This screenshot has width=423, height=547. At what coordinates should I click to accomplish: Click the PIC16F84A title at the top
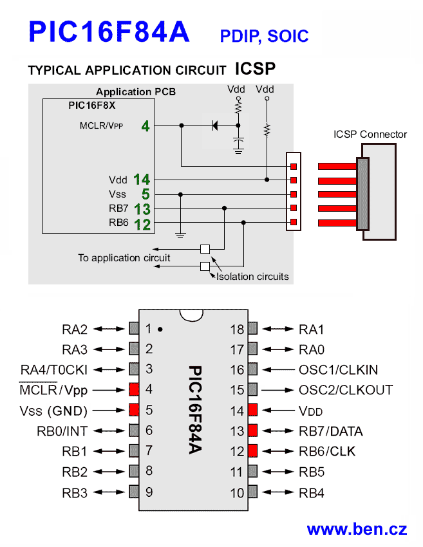point(109,32)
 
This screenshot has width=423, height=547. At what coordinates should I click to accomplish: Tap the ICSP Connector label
point(370,134)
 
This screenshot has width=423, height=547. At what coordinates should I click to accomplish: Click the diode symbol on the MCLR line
point(215,125)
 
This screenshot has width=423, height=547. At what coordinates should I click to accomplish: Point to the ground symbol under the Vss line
point(180,235)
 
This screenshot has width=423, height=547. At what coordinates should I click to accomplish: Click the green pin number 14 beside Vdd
point(142,180)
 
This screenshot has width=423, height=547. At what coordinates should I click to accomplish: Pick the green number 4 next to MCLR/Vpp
point(146,126)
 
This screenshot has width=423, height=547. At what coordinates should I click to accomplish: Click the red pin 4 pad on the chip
point(134,389)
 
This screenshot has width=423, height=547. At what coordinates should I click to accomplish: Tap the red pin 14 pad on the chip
point(252,410)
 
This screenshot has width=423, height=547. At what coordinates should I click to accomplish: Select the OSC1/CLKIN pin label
point(338,370)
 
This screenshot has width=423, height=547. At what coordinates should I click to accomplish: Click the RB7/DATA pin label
point(331,431)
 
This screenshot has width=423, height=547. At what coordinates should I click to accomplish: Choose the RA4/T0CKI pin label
point(53,370)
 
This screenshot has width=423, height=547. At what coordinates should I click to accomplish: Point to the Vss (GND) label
point(53,411)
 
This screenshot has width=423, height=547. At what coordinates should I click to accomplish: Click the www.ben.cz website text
point(357,529)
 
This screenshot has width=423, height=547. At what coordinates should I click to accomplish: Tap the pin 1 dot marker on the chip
point(160,329)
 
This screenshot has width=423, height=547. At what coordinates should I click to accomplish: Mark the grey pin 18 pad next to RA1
point(252,328)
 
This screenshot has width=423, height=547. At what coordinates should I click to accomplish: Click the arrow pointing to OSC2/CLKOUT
point(277,390)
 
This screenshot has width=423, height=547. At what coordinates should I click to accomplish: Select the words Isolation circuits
point(252,277)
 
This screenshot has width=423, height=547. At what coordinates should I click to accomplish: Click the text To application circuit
point(124,258)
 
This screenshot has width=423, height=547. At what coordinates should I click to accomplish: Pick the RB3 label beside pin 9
point(75,493)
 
